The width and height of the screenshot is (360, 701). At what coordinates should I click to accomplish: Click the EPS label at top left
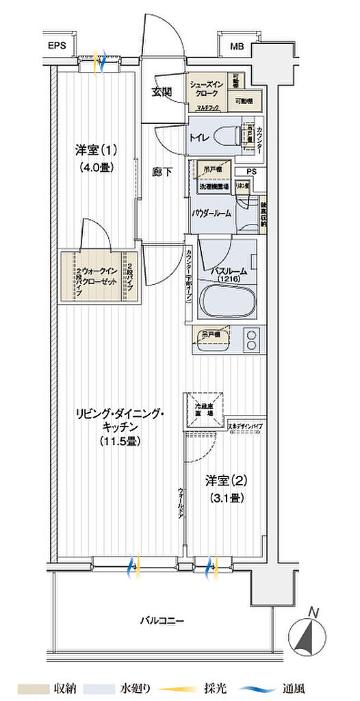(57, 47)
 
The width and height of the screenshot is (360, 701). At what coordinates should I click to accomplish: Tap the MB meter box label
(237, 47)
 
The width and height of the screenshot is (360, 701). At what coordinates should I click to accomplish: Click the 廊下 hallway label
(163, 172)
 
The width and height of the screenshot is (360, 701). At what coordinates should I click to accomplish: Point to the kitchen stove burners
(251, 340)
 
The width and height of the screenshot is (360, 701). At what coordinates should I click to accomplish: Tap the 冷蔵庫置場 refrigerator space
(203, 409)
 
